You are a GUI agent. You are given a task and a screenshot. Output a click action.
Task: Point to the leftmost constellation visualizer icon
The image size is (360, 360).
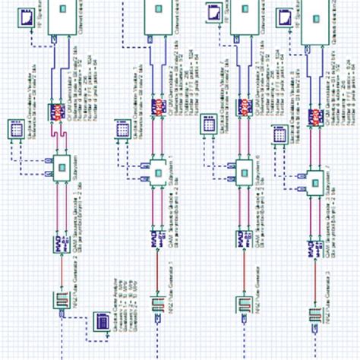[17, 131]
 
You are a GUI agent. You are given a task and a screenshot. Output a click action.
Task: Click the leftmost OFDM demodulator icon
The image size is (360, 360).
[58, 111]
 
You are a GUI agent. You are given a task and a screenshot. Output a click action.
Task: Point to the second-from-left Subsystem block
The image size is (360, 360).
[157, 167]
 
